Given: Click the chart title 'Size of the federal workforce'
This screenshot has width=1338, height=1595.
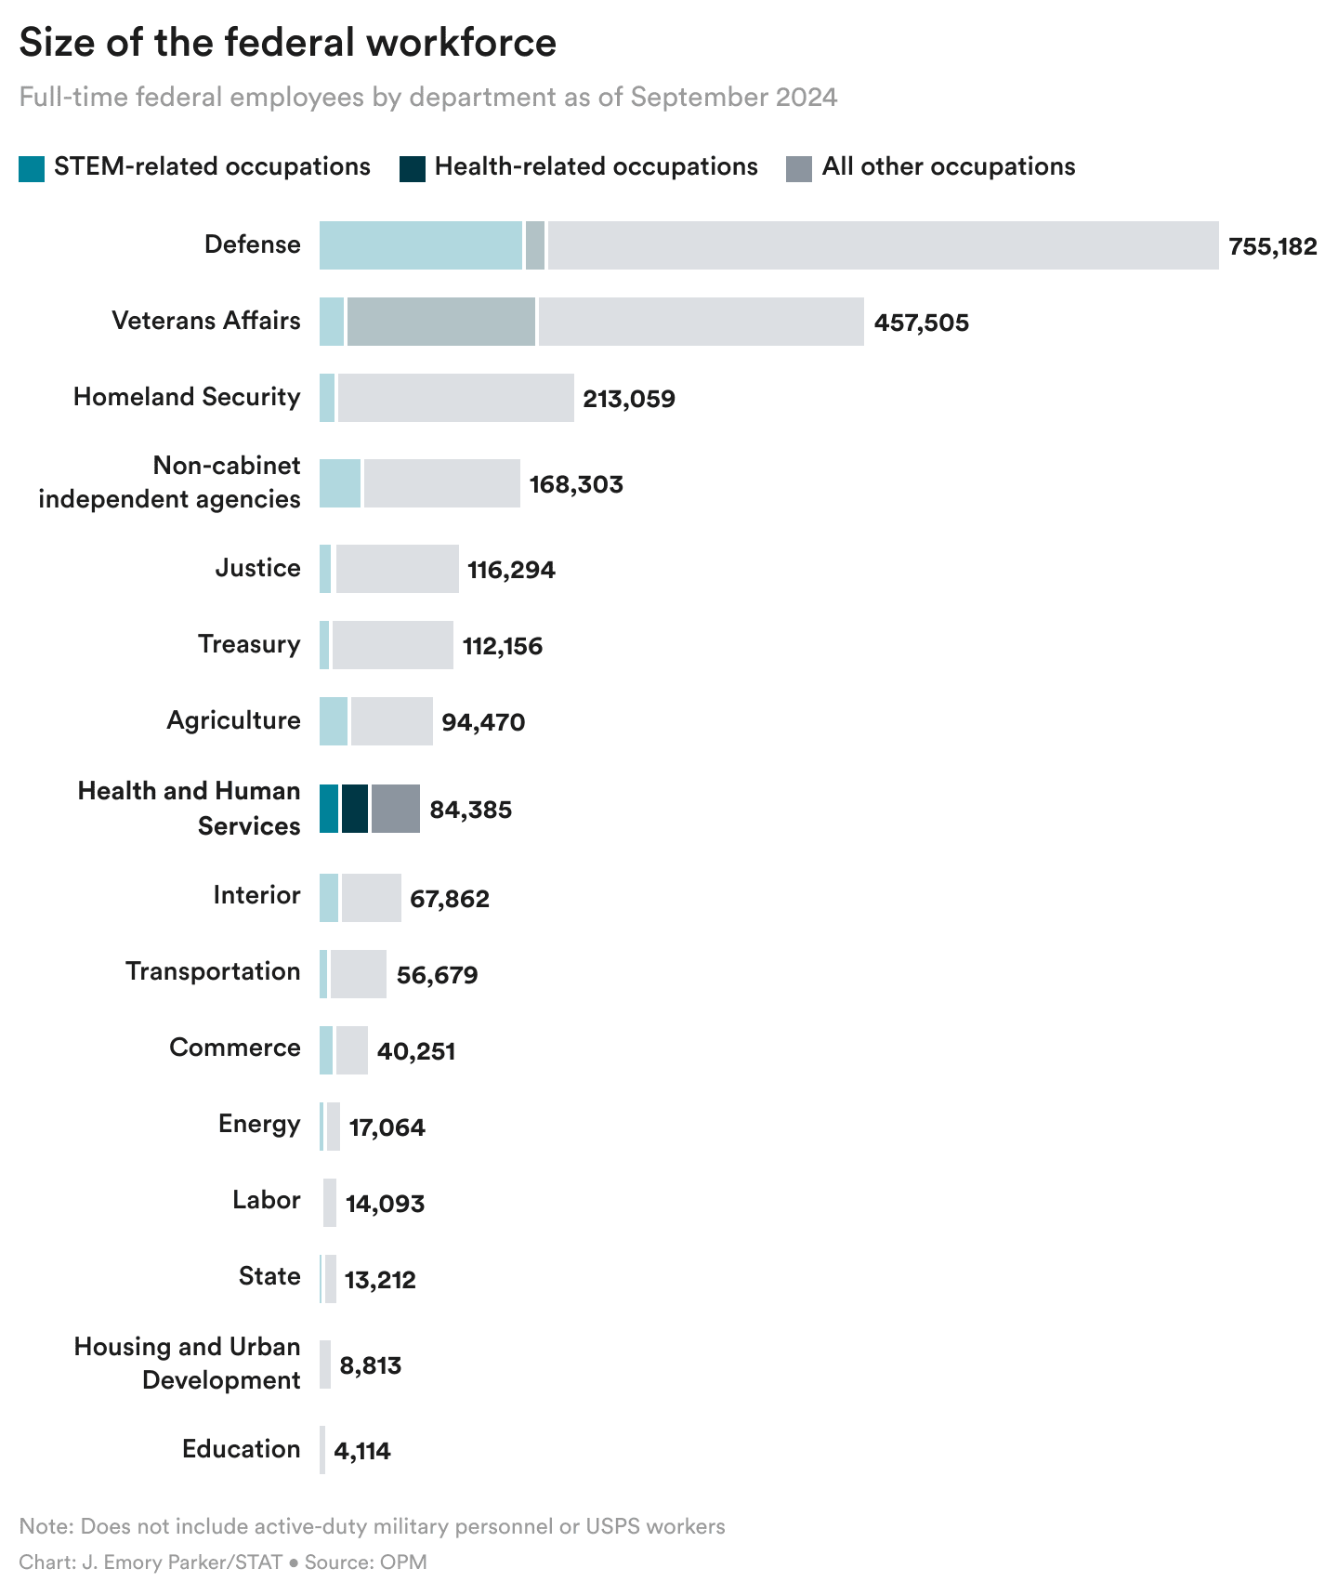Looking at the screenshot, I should (287, 43).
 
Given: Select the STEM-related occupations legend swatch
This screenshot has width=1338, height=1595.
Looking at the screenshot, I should (32, 168).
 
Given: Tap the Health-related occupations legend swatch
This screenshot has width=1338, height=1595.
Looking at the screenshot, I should (413, 168).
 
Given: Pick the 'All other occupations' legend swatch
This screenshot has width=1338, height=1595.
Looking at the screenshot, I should (799, 168).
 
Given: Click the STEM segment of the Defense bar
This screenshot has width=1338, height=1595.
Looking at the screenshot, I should (420, 245).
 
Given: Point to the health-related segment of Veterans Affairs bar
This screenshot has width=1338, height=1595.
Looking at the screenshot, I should (440, 322).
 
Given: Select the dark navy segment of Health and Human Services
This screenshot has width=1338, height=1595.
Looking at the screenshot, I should (354, 809).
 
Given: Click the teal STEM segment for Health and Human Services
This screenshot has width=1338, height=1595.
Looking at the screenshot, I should (329, 809).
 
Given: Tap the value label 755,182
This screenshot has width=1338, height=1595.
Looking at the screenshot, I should (1272, 246).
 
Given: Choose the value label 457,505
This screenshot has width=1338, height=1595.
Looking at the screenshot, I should (921, 323).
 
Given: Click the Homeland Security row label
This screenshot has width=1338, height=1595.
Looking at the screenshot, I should (187, 397).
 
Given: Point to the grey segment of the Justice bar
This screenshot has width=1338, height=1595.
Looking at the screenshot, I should (397, 569).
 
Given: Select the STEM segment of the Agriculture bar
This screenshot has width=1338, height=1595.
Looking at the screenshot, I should (333, 721).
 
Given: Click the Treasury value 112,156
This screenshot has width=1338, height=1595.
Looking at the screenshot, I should (502, 646).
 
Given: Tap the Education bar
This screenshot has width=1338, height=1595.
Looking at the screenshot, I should (322, 1450).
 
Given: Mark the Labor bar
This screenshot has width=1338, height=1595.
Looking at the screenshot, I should (329, 1203).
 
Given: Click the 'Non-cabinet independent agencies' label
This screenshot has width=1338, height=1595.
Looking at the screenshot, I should (169, 482).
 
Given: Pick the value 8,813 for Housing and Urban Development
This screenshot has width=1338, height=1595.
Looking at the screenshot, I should (370, 1365).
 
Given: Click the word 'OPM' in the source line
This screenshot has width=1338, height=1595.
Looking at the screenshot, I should (403, 1562).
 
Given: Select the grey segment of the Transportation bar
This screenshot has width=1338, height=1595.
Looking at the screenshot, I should (358, 974).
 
